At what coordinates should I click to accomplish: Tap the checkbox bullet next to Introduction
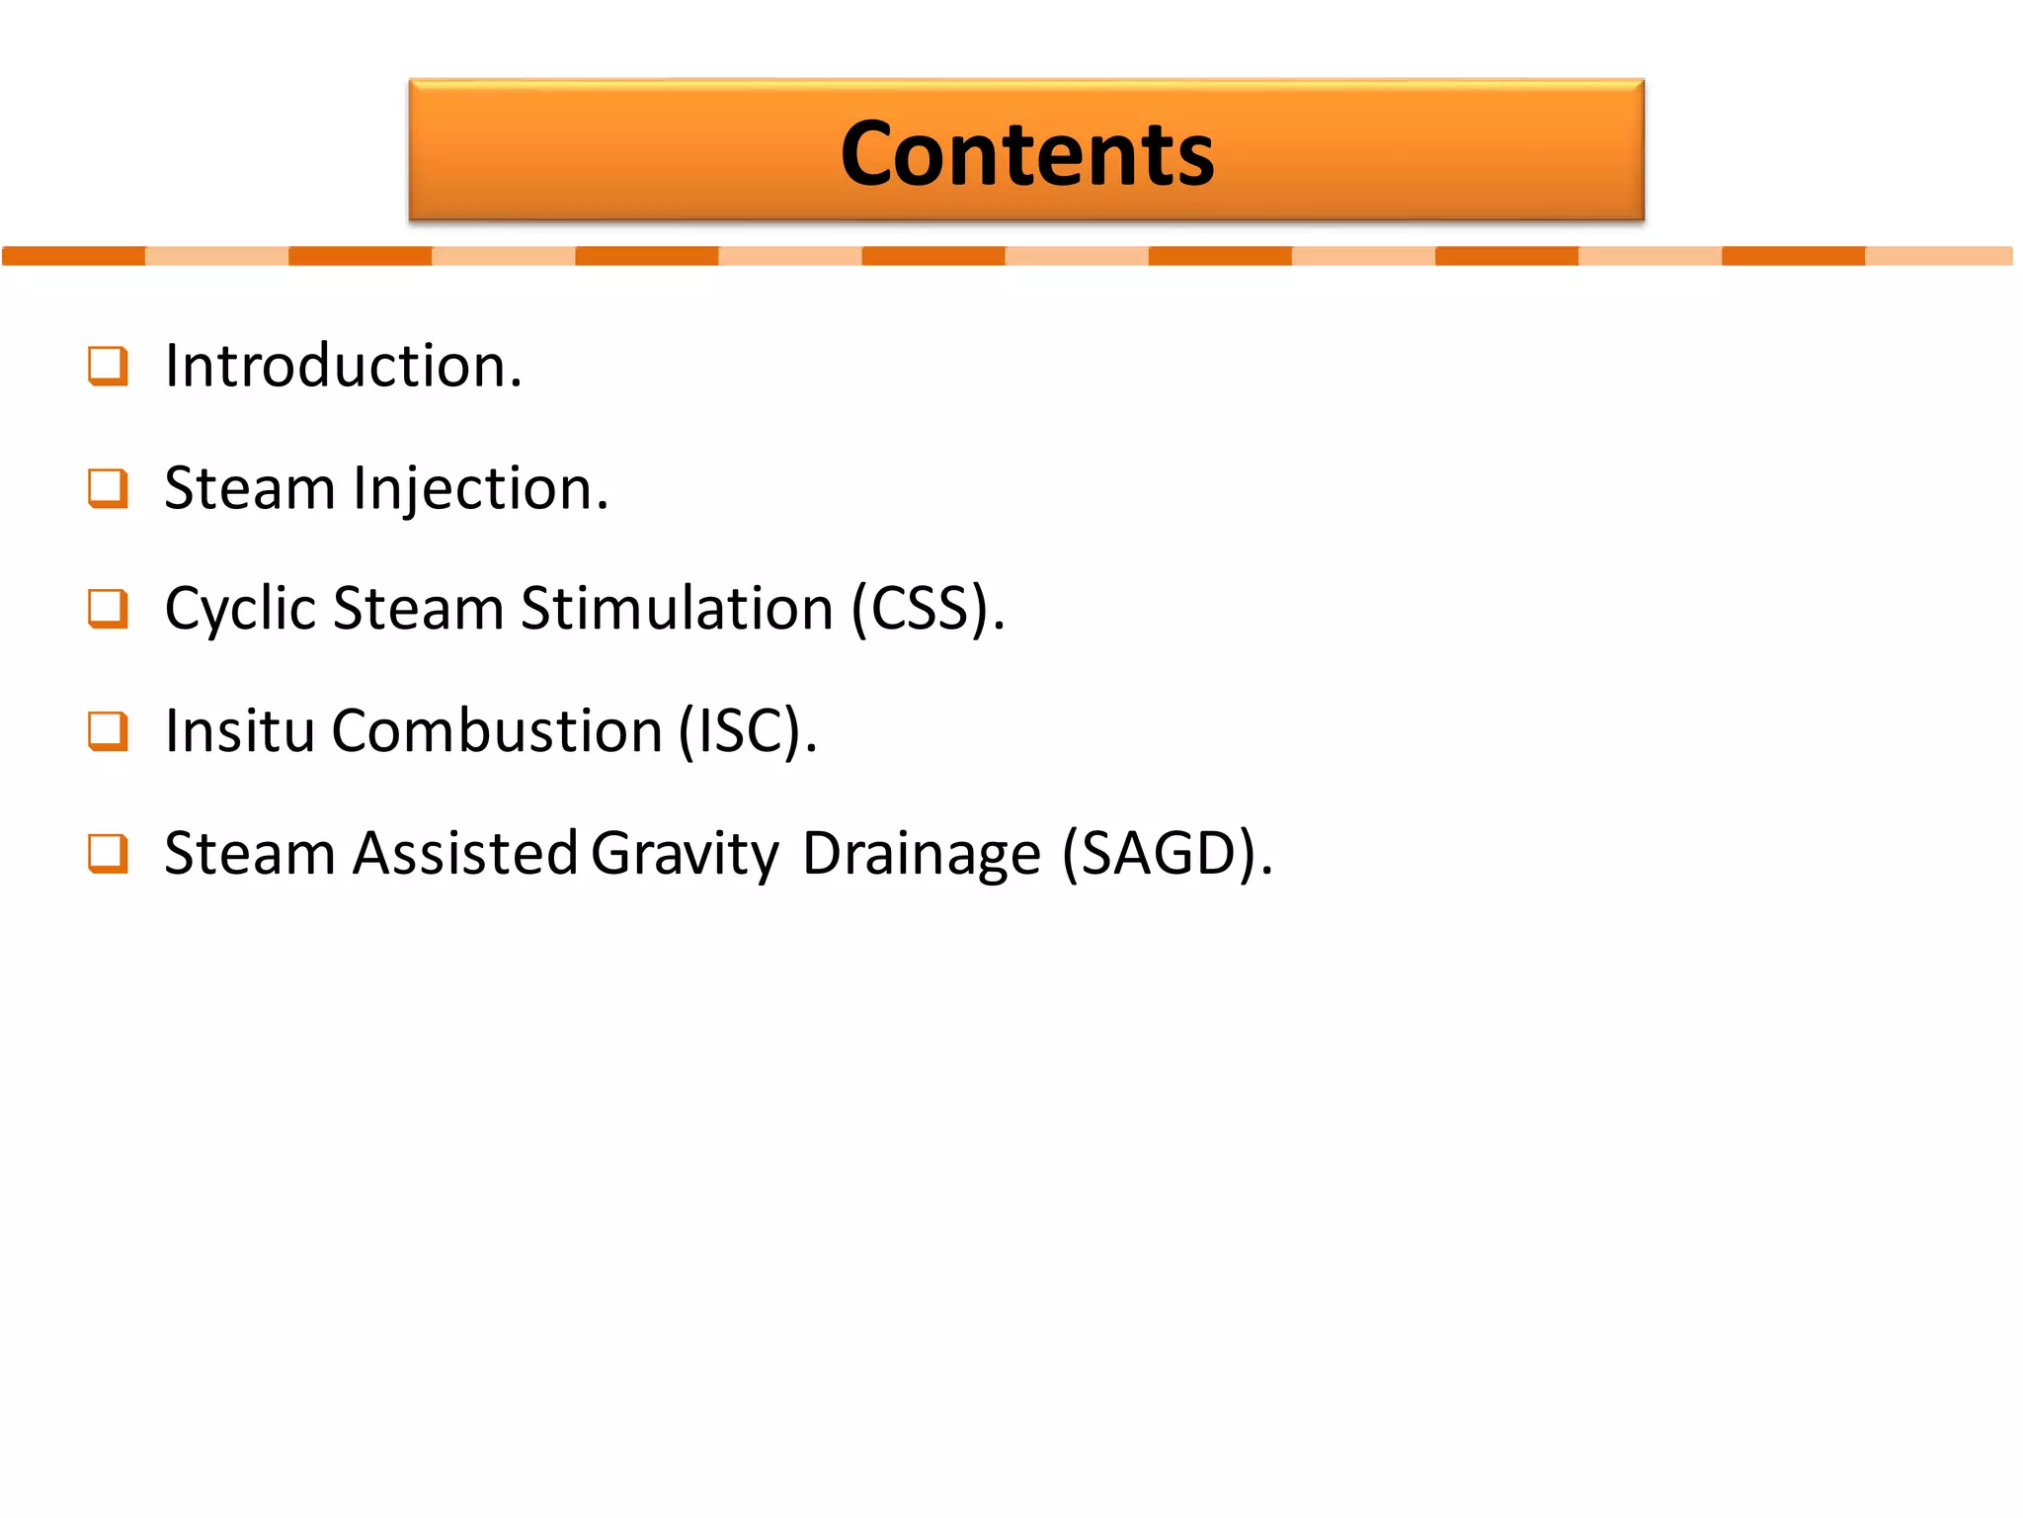108,366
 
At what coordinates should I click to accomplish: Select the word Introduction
342,366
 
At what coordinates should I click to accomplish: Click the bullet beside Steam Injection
108,488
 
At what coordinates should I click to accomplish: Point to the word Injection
480,489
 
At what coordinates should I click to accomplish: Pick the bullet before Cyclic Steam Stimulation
108,609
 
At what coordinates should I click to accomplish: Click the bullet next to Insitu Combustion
108,731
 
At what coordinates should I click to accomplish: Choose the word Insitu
240,731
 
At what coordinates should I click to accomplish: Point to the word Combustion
497,731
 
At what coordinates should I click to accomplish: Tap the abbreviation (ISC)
747,731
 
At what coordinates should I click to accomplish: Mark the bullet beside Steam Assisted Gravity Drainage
108,853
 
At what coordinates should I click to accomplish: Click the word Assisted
465,853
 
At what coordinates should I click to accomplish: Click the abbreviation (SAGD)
1166,853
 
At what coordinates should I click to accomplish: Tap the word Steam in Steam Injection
250,489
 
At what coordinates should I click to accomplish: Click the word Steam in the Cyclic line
419,609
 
